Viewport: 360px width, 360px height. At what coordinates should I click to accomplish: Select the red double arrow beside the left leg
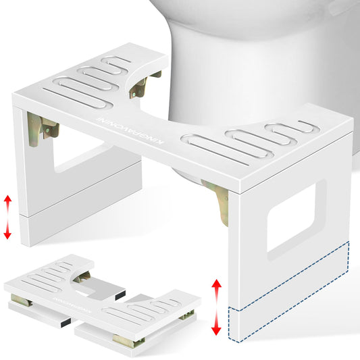[x=7, y=215]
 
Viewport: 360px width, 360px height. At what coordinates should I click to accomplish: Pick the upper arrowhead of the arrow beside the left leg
[x=7, y=199]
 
